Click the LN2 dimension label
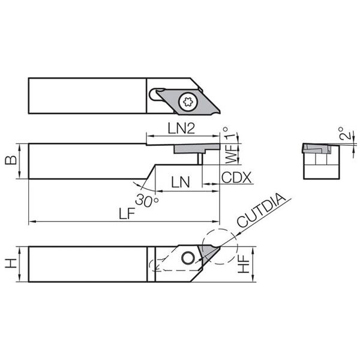pyautogui.click(x=181, y=128)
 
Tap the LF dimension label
pyautogui.click(x=127, y=214)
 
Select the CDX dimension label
pyautogui.click(x=236, y=178)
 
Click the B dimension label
pyautogui.click(x=11, y=160)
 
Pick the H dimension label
pyautogui.click(x=11, y=263)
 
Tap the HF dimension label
pyautogui.click(x=244, y=264)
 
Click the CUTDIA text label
pyautogui.click(x=262, y=211)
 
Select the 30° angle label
pyautogui.click(x=147, y=200)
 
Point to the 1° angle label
pyautogui.click(x=229, y=134)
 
